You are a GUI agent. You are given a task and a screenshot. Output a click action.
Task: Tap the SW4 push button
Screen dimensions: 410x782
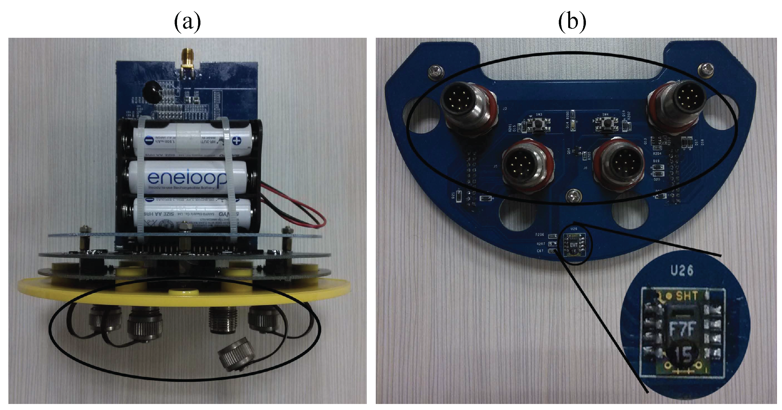[x=606, y=125]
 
